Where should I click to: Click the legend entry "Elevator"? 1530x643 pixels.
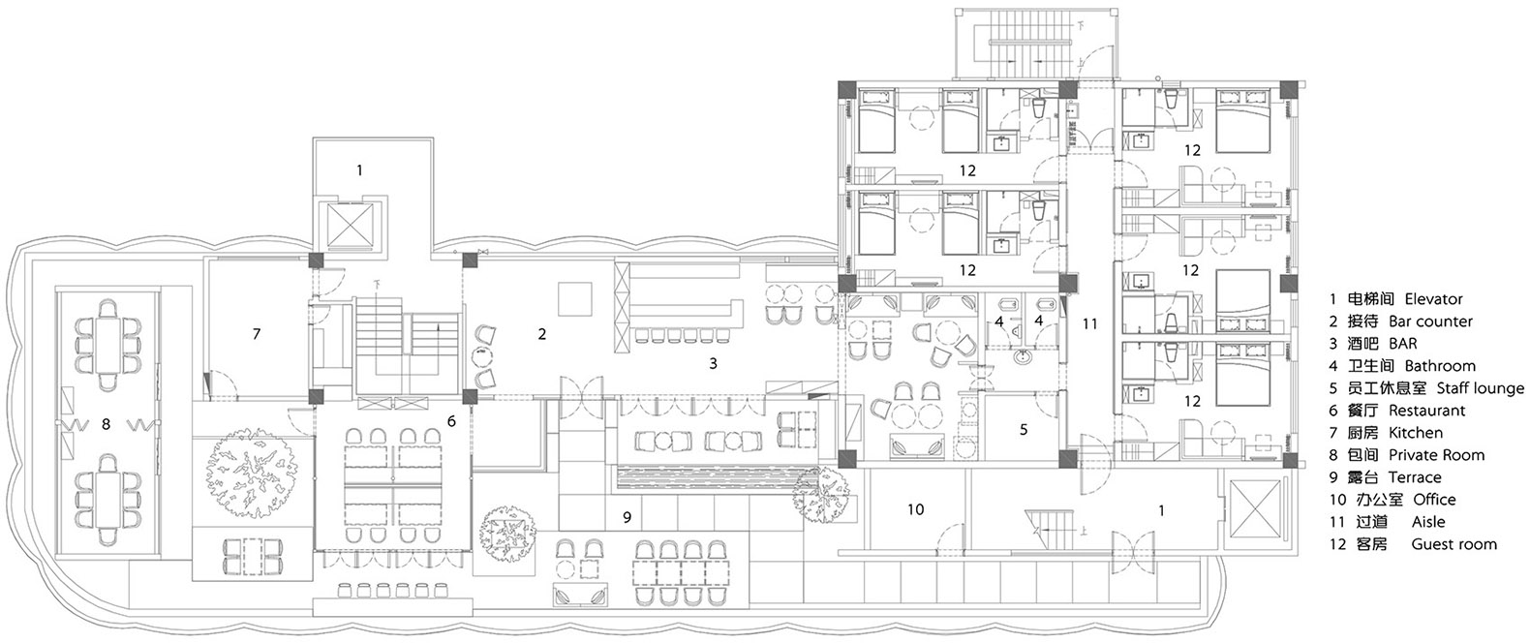(x=1434, y=299)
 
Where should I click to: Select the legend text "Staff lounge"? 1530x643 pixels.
(x=1481, y=389)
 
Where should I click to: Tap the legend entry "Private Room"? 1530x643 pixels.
(x=1436, y=455)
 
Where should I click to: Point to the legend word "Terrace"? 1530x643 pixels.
(x=1415, y=477)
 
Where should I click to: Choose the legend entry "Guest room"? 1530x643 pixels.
(x=1454, y=544)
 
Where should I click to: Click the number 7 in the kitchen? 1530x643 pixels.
(x=257, y=333)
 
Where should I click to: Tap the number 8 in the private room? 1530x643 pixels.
(x=106, y=425)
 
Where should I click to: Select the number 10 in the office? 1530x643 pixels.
(x=915, y=509)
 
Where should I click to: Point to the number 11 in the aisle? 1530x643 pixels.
(x=1089, y=323)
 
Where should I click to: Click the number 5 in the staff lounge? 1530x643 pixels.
(x=1024, y=429)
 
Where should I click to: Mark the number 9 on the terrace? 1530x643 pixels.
(x=627, y=517)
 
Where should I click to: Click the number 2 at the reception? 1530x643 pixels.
(x=541, y=334)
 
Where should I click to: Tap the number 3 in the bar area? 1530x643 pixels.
(x=713, y=363)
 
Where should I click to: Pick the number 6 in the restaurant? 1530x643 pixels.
(x=451, y=421)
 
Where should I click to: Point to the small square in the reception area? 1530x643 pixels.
(x=575, y=298)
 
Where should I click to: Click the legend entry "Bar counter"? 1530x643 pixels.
(x=1430, y=321)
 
